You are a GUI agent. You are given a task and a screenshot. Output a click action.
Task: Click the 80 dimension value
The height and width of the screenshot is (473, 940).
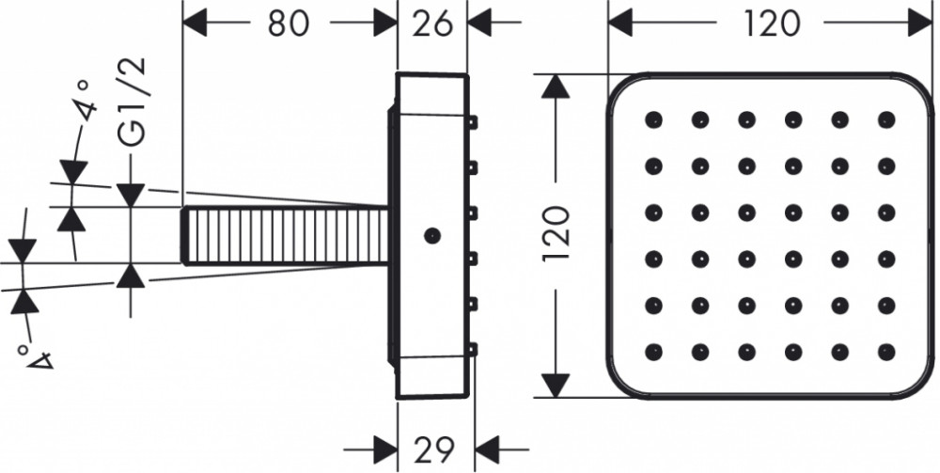point(288,24)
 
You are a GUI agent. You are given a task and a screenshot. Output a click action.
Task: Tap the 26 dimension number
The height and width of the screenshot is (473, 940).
point(432,24)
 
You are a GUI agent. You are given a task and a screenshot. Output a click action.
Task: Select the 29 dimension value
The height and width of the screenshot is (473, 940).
point(434,449)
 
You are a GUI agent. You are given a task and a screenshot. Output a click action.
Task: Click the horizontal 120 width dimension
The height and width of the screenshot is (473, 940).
point(771,24)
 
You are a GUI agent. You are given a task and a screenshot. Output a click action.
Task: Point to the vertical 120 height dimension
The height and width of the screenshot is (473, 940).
point(556,233)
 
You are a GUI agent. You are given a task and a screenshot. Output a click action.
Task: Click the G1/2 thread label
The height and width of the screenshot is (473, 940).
point(132,102)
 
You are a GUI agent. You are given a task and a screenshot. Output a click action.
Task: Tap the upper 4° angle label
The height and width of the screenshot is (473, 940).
point(85,100)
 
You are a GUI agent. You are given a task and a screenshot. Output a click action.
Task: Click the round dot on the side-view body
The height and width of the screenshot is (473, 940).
point(431,236)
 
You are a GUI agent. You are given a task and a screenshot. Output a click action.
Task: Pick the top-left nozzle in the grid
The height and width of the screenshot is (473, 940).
point(653,120)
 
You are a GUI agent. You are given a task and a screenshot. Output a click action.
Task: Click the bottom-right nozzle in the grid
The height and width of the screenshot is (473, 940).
point(886,352)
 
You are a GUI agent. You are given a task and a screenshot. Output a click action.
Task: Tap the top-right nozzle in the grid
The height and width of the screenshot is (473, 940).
point(886,120)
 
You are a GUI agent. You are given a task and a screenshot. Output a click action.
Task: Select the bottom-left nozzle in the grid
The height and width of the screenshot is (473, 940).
point(653,352)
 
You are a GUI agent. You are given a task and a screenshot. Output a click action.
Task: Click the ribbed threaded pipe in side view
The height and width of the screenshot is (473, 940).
point(284,236)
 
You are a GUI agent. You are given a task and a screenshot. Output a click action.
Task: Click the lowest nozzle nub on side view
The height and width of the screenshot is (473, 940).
point(473,349)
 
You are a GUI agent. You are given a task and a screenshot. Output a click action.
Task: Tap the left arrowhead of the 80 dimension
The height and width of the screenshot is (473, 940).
point(195,24)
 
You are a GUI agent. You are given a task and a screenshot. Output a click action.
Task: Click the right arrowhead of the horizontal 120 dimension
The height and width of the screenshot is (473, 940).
point(920,24)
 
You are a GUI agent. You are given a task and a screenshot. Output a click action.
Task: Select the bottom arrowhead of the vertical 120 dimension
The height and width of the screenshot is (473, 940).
point(556,385)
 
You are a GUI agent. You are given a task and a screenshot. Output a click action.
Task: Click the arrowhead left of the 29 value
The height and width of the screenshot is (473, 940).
point(385,449)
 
